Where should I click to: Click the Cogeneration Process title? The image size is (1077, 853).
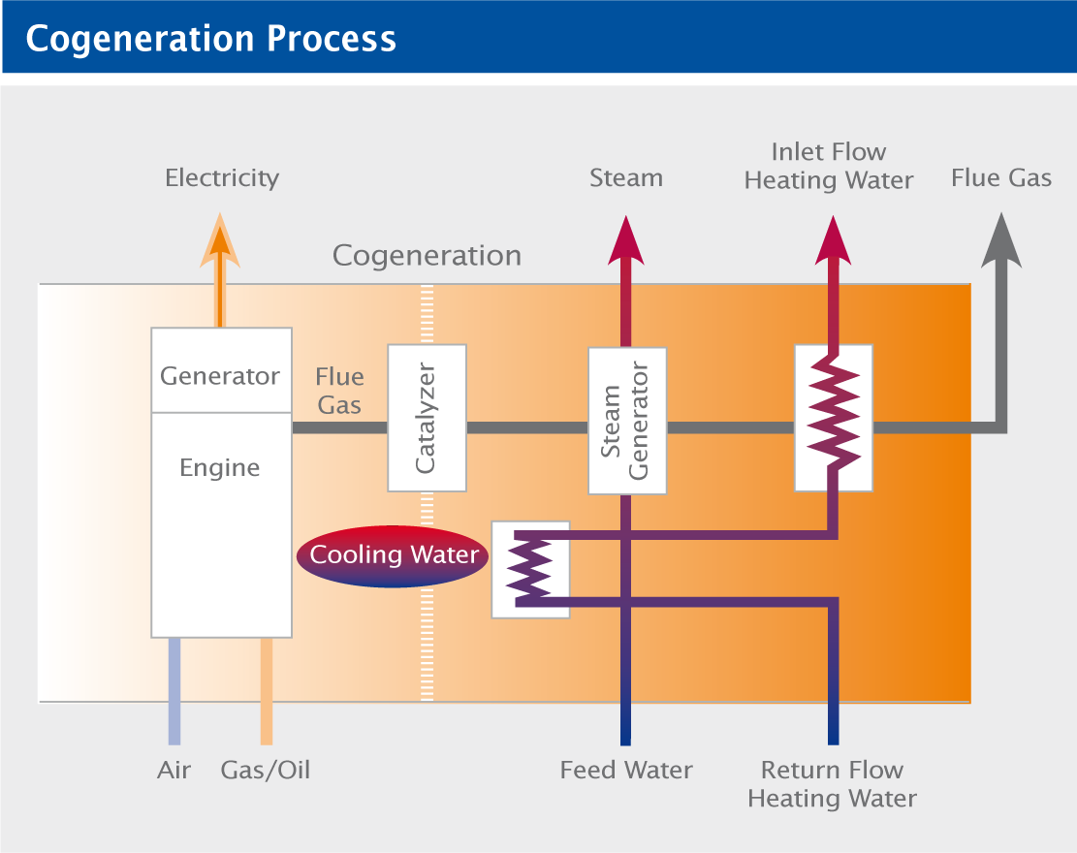click(211, 39)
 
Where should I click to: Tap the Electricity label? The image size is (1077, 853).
click(222, 178)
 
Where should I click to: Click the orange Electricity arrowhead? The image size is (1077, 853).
click(220, 239)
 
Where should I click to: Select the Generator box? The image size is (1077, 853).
click(221, 370)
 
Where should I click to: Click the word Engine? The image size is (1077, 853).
click(220, 467)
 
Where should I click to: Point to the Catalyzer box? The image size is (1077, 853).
click(428, 418)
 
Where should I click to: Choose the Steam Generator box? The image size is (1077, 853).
click(627, 421)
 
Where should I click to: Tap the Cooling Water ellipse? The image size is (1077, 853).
click(393, 556)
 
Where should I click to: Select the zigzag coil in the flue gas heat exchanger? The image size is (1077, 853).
click(833, 412)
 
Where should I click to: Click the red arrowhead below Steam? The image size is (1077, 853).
click(625, 240)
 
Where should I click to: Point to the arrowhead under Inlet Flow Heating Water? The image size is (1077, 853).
click(833, 240)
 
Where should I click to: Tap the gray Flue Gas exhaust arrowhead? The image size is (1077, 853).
click(1001, 240)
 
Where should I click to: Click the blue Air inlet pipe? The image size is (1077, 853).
click(174, 691)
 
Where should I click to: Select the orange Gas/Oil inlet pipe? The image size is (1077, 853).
click(267, 691)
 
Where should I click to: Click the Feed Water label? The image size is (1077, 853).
click(626, 770)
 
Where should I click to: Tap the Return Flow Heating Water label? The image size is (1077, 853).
click(833, 784)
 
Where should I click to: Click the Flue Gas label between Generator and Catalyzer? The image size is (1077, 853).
click(339, 391)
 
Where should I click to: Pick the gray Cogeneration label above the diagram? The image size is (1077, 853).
click(428, 256)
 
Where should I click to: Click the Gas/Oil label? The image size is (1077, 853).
click(266, 771)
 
